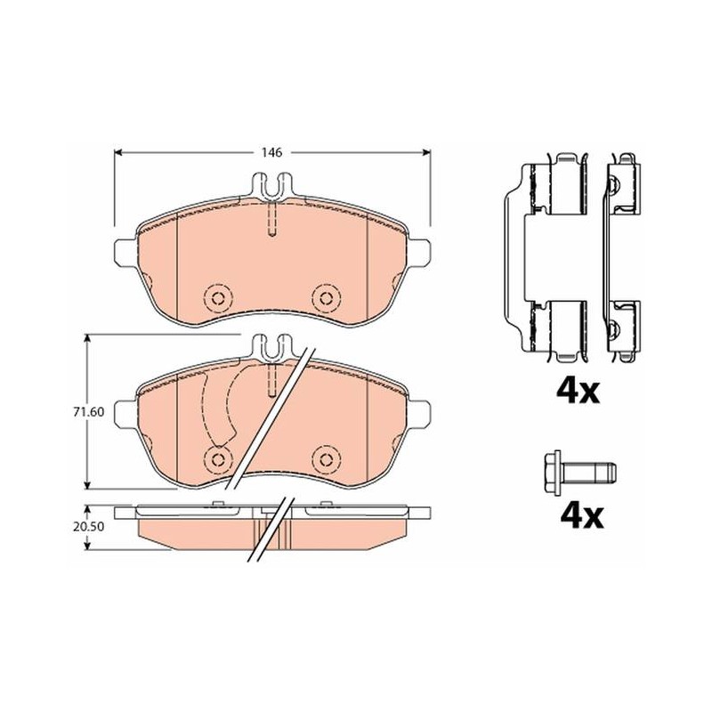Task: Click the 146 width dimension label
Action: pyautogui.click(x=272, y=152)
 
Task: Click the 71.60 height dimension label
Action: pyautogui.click(x=88, y=412)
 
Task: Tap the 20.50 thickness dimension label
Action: pyautogui.click(x=88, y=527)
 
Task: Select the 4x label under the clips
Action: pyautogui.click(x=578, y=391)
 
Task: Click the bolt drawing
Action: pyautogui.click(x=579, y=473)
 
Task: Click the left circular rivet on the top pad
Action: pyautogui.click(x=218, y=298)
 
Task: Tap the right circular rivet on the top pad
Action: pyautogui.click(x=326, y=298)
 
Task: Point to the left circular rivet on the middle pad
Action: pyautogui.click(x=218, y=458)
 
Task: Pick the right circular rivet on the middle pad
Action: pyautogui.click(x=326, y=458)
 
